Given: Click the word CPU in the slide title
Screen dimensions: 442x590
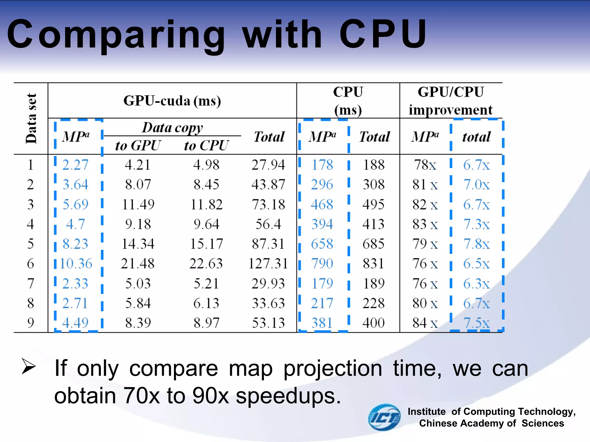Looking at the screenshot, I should pos(383,34).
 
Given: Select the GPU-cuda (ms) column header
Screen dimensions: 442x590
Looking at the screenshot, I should pos(172,101).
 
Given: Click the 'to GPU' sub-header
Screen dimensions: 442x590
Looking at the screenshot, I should pos(138,146).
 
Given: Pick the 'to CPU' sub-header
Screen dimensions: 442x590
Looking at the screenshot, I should pos(206,146).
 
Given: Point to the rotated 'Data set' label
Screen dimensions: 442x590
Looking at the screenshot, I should pos(31,119).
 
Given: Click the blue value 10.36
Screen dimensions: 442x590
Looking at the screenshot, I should pos(76,264).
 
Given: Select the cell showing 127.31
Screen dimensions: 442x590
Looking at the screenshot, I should pos(268,264).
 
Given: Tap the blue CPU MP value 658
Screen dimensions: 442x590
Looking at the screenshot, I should pos(322,244).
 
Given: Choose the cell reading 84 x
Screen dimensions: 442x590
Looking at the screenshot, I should pos(425,323).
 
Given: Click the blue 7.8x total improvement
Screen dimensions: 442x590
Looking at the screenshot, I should pos(476,244).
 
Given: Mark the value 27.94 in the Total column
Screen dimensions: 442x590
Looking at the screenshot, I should pos(268,165).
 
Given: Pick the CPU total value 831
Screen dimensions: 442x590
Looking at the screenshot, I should pos(373,264).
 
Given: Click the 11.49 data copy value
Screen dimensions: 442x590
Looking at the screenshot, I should pos(138,205).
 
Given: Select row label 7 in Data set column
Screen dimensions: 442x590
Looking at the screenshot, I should pos(31,283).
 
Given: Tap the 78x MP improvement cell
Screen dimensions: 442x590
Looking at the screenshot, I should pos(425,165).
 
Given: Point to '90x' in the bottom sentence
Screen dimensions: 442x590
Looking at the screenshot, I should pos(211,396).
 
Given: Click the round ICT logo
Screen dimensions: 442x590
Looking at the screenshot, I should pos(384,417).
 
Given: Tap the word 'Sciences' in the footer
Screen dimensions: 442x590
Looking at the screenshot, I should pos(543,423).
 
